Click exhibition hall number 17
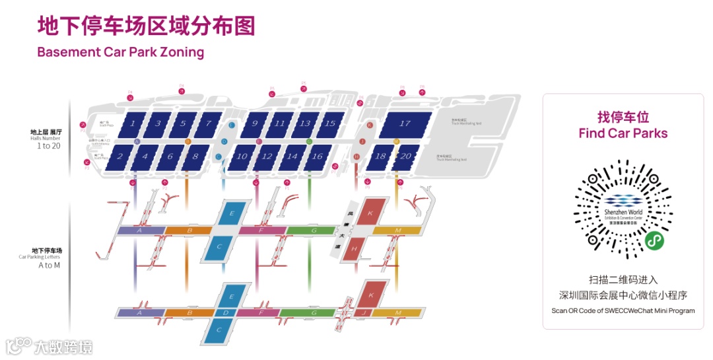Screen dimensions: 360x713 point(405,124)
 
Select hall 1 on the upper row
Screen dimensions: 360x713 point(133,123)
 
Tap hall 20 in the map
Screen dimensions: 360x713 point(405,157)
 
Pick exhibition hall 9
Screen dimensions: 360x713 point(254,123)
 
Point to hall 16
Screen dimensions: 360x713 point(317,157)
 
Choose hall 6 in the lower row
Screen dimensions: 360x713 point(170,157)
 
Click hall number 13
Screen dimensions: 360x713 point(304,123)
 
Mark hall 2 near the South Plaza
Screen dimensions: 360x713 point(120,157)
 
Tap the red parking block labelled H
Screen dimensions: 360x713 point(355,249)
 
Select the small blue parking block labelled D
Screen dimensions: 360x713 point(226,312)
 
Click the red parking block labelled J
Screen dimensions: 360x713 point(363,312)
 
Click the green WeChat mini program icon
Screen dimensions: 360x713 point(654,240)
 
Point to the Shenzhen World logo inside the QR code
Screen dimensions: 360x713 point(623,209)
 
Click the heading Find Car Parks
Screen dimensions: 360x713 point(623,133)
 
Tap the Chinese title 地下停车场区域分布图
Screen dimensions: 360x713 point(146,26)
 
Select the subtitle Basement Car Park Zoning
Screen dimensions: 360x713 point(121,52)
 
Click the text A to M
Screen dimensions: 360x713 point(49,265)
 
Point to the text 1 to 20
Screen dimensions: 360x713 point(48,146)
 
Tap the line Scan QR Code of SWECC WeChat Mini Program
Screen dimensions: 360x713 point(623,310)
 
